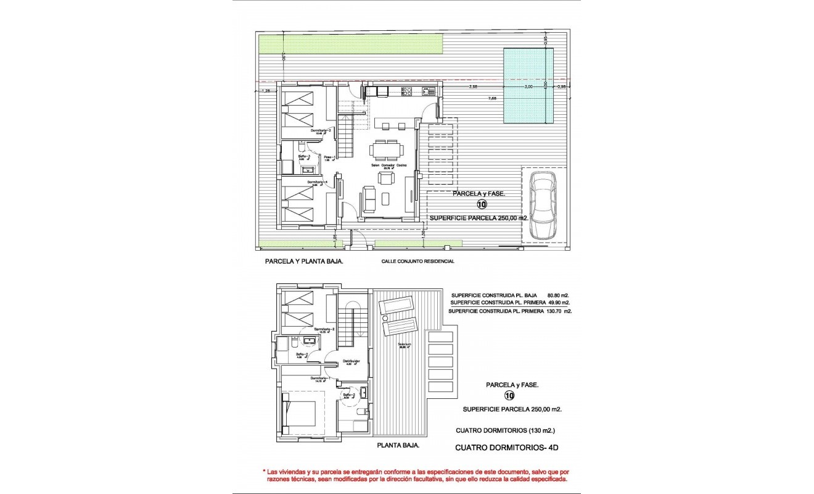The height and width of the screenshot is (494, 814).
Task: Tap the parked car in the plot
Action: pos(543,205)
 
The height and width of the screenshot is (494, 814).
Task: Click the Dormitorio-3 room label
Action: pos(322,131)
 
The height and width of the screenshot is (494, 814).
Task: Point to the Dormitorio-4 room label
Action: pos(317,183)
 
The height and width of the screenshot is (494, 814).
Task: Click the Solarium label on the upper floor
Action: pos(405,345)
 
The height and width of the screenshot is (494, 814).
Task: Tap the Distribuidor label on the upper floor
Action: pos(351,362)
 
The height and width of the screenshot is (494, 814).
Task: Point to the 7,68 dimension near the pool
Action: pos(492,98)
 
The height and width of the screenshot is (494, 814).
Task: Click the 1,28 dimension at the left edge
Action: pos(266,91)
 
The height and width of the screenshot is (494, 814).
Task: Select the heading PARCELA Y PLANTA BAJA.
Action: pos(304,261)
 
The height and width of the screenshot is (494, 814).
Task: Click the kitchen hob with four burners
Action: pos(406,91)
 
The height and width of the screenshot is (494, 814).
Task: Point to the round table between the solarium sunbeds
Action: pos(387,317)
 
